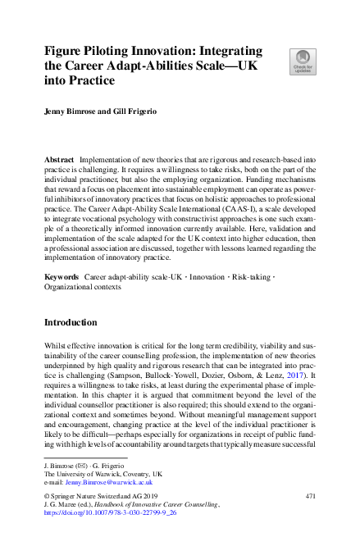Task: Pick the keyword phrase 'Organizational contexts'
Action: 83,288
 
